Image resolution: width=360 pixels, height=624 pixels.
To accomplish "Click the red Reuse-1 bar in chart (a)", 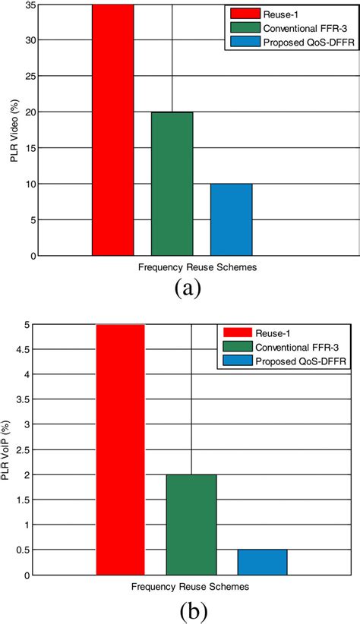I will (112, 130).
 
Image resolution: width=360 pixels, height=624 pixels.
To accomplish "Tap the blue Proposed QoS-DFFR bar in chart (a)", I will (231, 219).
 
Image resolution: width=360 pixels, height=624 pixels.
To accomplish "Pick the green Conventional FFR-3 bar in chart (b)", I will (191, 525).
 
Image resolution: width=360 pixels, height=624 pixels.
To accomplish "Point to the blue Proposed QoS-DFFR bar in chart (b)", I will (262, 562).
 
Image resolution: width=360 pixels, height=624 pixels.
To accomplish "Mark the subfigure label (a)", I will (187, 289).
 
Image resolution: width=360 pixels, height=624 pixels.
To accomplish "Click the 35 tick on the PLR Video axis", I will (27, 5).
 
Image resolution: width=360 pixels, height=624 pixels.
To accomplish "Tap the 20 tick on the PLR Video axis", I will (27, 112).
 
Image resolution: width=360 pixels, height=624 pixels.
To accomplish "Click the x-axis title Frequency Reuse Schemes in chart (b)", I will (190, 587).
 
